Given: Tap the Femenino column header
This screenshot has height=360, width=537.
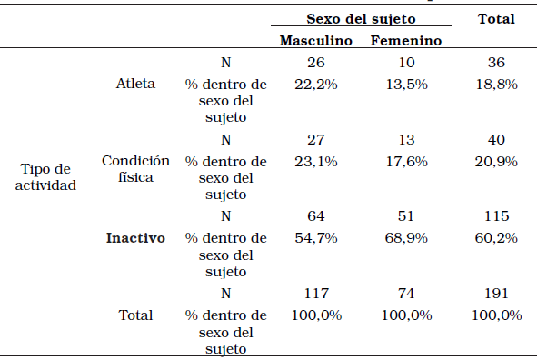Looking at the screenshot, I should [406, 41].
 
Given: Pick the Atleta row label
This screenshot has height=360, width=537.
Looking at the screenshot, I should [135, 84].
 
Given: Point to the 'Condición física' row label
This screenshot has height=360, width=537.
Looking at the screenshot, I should [135, 169].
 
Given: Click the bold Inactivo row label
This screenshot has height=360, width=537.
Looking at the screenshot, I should [135, 238].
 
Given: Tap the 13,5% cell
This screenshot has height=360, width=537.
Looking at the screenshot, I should [406, 84].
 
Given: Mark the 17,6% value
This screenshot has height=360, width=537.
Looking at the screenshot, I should [406, 161].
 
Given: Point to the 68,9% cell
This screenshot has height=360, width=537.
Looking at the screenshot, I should [406, 238].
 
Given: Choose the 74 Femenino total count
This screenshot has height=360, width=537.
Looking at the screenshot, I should [406, 294].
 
